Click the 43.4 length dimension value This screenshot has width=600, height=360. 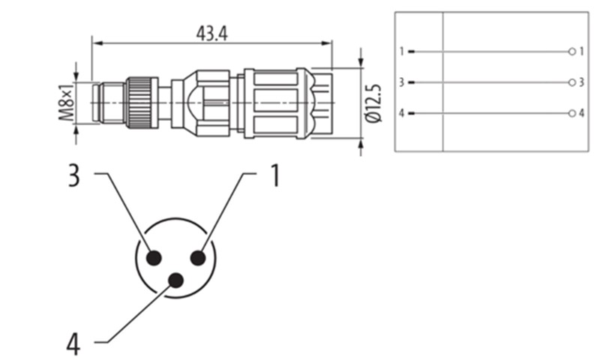[x=211, y=34]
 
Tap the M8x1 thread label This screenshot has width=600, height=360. [x=67, y=103]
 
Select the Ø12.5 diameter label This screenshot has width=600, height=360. [x=373, y=103]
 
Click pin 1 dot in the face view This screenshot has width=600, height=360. [x=198, y=258]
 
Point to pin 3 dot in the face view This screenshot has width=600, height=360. [x=154, y=258]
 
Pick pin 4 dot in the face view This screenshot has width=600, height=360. [x=176, y=280]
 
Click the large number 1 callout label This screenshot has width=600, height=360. [x=275, y=175]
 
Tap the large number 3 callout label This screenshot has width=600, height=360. [x=73, y=175]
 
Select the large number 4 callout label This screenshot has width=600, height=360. [x=73, y=345]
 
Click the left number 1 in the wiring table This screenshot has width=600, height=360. [x=401, y=51]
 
